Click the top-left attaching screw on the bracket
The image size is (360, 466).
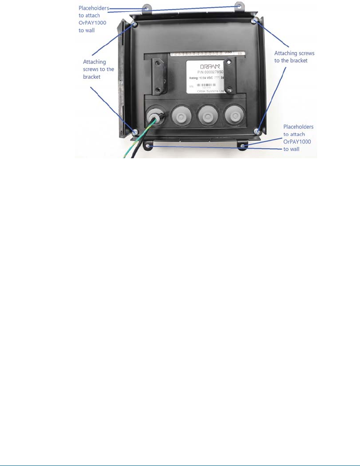pyautogui.click(x=134, y=24)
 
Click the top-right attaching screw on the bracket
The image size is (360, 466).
pyautogui.click(x=254, y=22)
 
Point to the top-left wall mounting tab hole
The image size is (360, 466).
pyautogui.click(x=146, y=8)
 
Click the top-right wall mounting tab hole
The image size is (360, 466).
pyautogui.click(x=240, y=6)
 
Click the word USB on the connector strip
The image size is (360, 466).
pyautogui.click(x=229, y=53)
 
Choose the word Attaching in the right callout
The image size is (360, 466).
pyautogui.click(x=285, y=53)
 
